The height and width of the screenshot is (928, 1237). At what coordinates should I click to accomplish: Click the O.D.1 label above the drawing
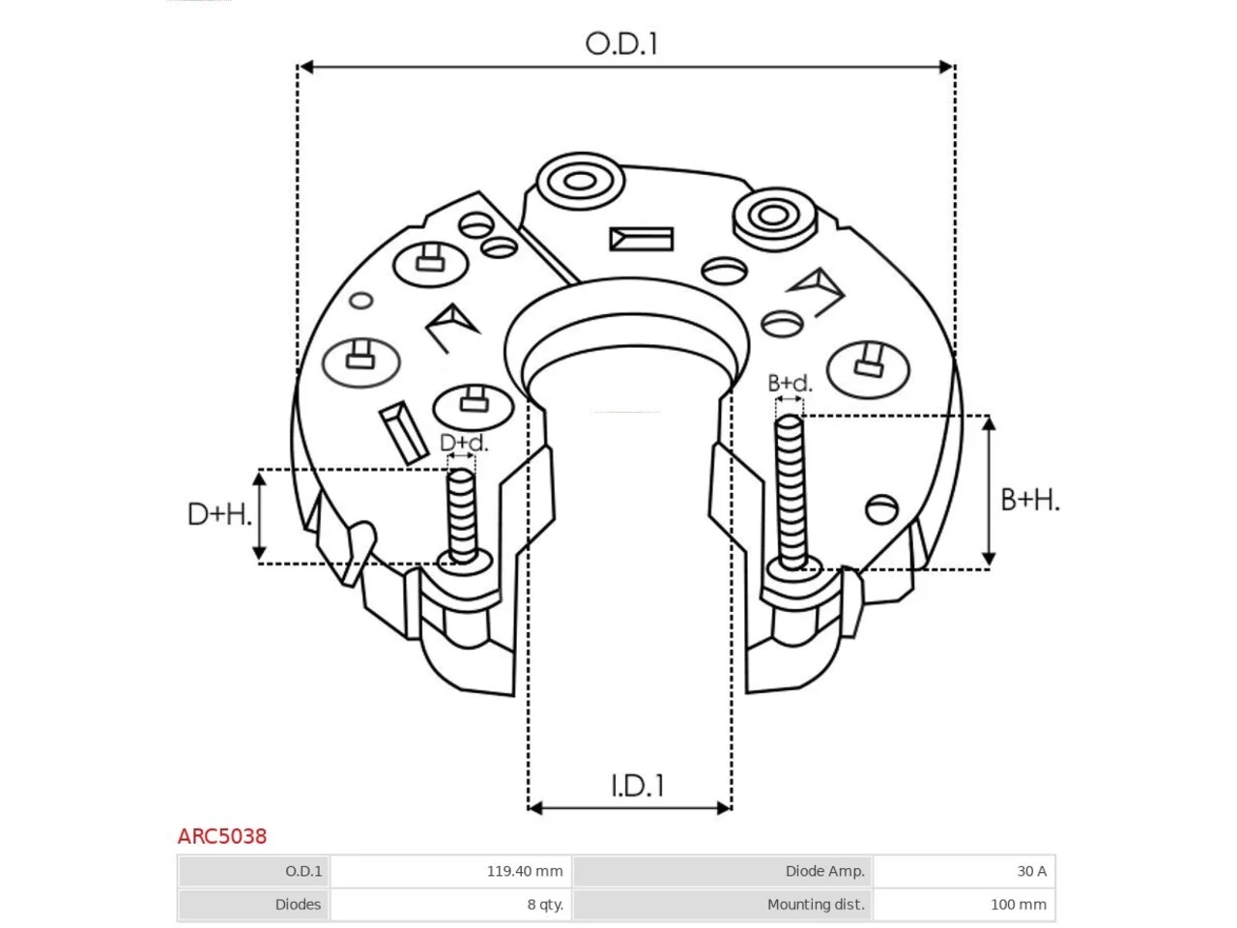[621, 43]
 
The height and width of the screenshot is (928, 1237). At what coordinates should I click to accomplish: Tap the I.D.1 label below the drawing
[638, 786]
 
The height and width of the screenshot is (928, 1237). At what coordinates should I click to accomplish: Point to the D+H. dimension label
[219, 514]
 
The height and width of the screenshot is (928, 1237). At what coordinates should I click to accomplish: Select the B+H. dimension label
[1029, 499]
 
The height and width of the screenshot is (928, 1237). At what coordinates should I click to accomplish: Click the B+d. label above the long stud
[790, 383]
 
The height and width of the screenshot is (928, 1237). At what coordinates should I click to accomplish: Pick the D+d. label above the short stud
[463, 443]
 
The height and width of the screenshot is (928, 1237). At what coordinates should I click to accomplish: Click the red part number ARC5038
[222, 836]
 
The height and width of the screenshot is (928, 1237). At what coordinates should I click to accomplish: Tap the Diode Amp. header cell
[723, 871]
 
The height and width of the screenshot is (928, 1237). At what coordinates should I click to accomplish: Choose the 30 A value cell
[964, 871]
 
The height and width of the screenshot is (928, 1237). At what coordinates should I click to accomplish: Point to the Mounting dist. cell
[723, 905]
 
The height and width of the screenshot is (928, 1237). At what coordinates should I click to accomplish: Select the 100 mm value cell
[964, 905]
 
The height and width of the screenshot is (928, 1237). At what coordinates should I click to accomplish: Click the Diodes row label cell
[253, 905]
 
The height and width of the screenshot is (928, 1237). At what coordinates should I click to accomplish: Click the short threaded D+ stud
[462, 516]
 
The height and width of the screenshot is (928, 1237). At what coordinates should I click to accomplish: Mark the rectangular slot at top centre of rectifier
[642, 239]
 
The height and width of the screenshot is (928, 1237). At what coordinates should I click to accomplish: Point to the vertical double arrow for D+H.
[259, 516]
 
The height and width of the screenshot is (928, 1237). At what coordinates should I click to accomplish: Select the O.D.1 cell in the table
[253, 871]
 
